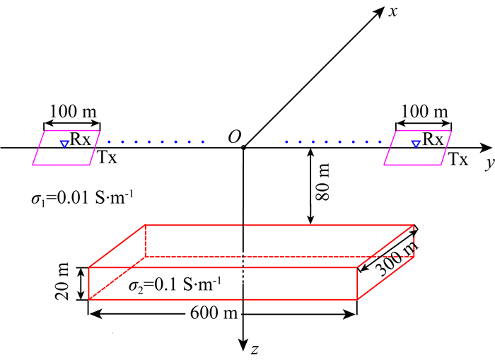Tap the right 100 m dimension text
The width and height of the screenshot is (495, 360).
coord(424,112)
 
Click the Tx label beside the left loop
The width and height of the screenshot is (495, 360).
coord(107,158)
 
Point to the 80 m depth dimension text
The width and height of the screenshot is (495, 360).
coord(324,183)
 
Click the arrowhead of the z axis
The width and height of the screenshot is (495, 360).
coord(243,342)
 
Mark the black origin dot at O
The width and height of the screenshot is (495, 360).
coord(243,147)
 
